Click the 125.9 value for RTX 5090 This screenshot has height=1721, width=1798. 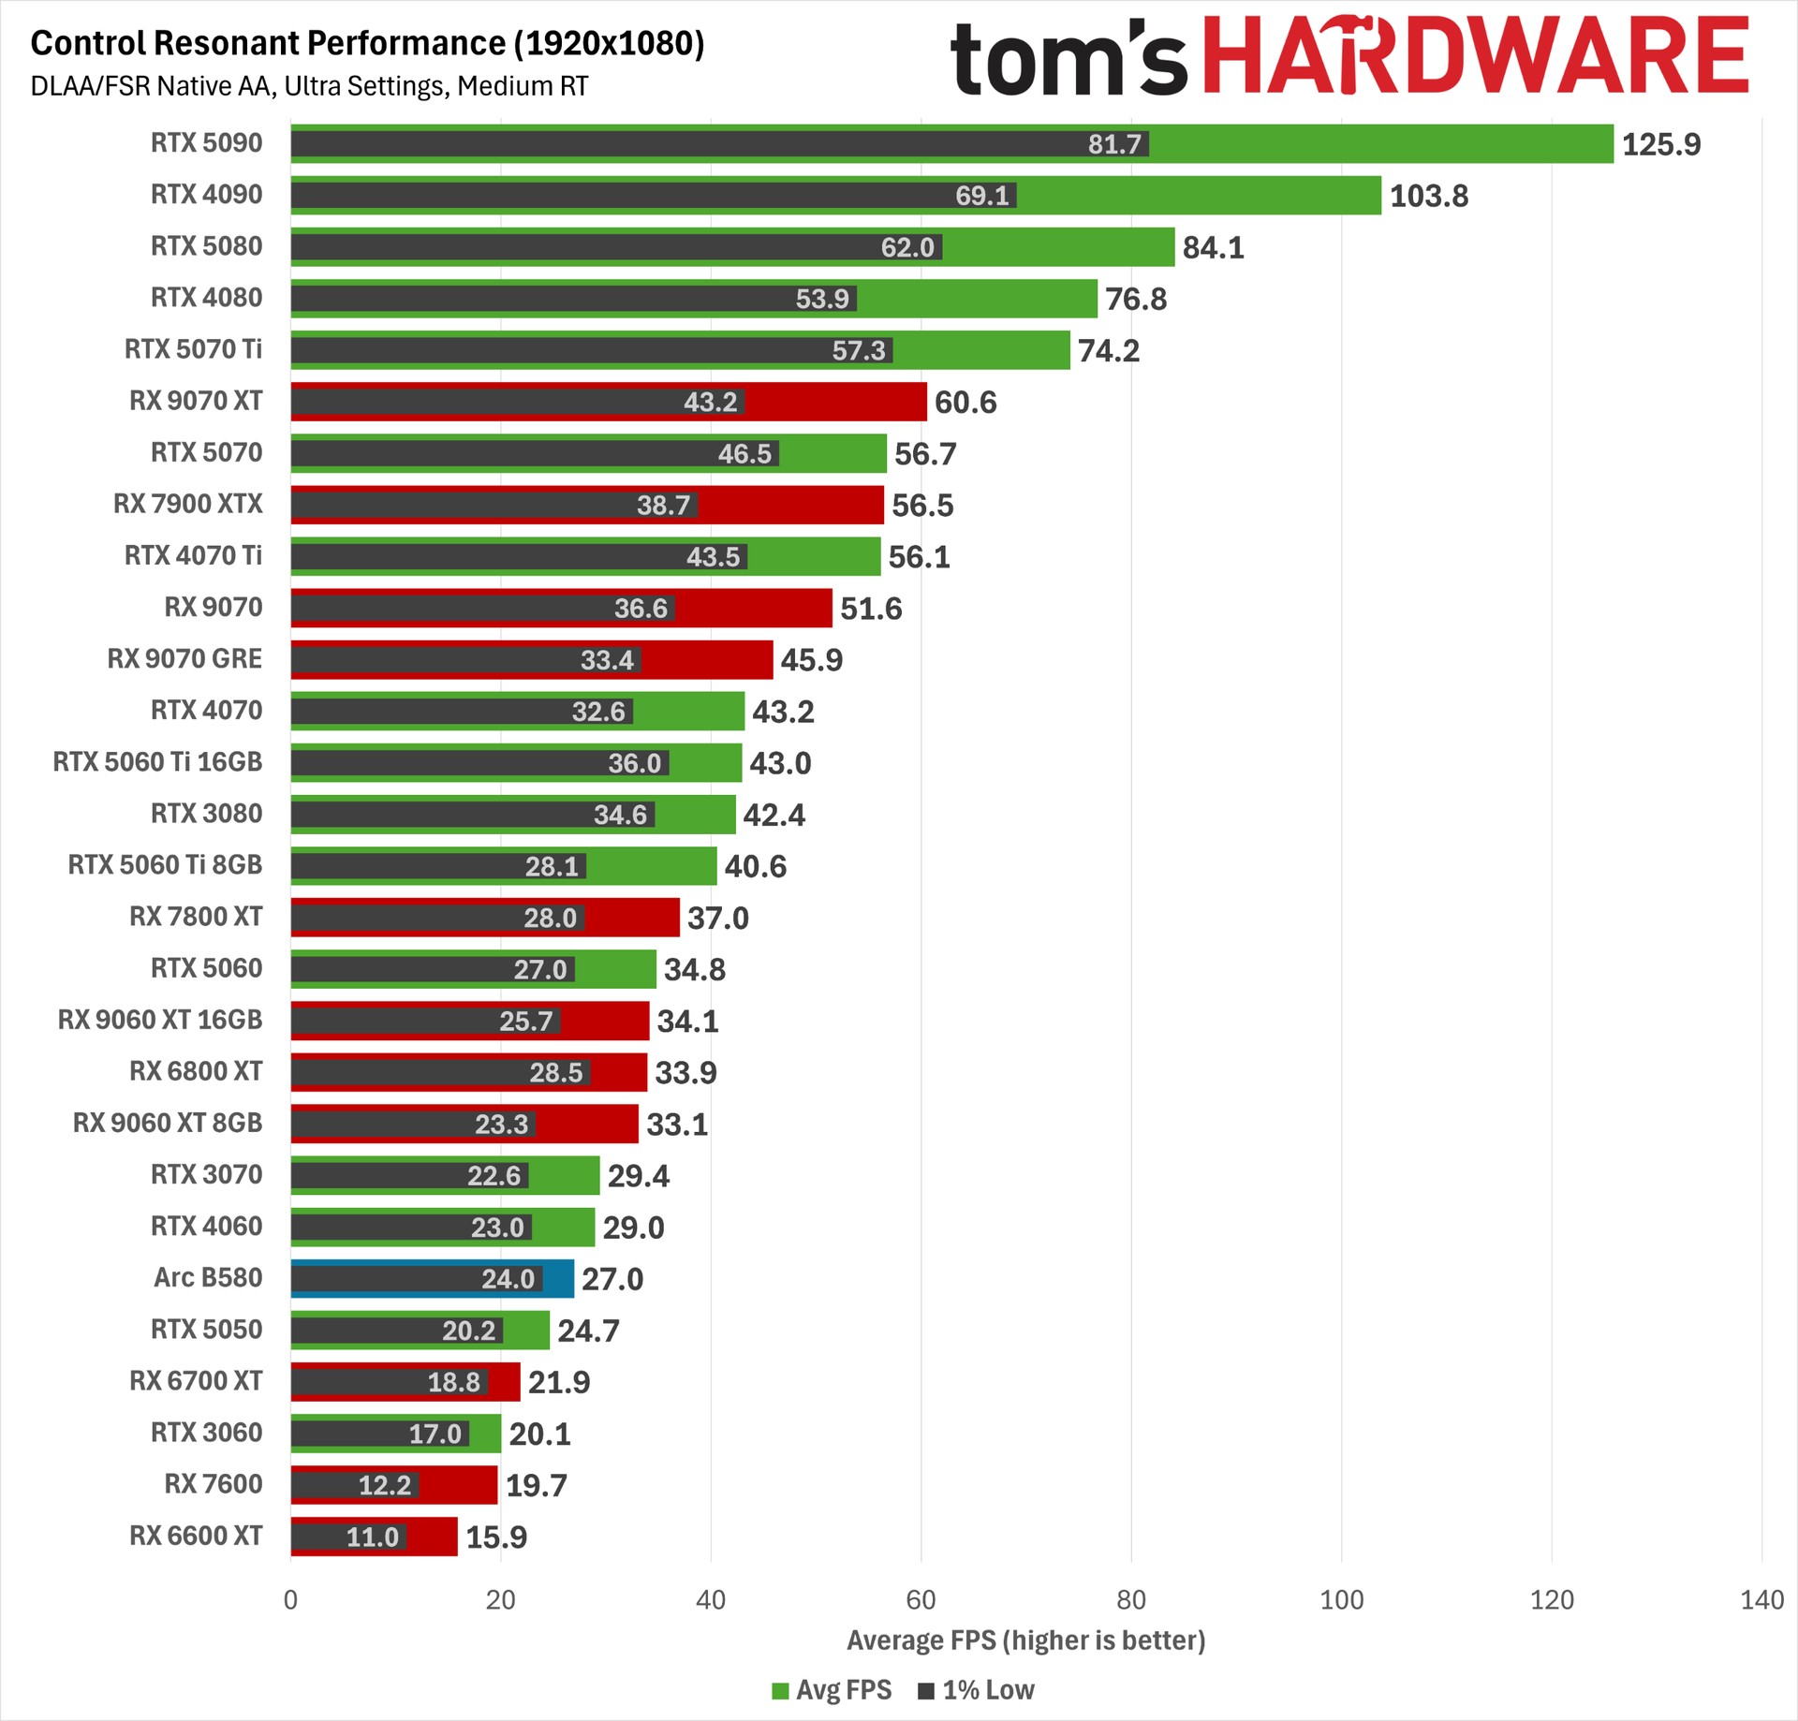1660,144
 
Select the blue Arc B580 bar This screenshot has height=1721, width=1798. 432,1278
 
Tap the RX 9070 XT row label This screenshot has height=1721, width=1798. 196,401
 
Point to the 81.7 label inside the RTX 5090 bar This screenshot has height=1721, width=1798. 1114,144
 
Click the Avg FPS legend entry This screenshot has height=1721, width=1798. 832,1690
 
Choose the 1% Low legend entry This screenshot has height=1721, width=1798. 976,1690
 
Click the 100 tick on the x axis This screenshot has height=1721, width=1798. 1341,1599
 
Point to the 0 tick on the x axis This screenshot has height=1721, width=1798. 290,1599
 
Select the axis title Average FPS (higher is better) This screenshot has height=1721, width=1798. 1026,1640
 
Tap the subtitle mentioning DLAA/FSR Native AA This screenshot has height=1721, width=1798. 309,86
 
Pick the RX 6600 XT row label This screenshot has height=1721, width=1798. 196,1536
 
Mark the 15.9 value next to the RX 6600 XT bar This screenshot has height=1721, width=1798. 496,1537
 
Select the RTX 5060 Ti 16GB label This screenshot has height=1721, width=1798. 157,762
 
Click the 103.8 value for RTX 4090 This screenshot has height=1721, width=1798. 1428,196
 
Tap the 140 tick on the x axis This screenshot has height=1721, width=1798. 1761,1599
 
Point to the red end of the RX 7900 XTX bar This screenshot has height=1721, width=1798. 883,505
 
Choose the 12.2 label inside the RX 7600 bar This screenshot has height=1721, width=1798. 385,1485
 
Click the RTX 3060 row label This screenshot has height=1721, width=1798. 207,1433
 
